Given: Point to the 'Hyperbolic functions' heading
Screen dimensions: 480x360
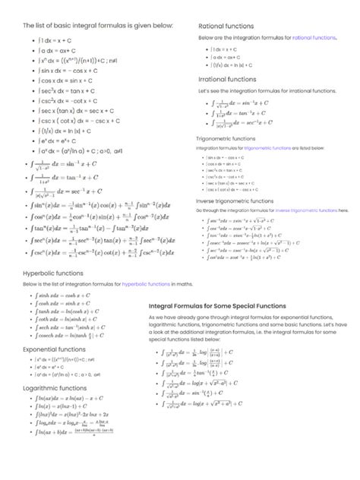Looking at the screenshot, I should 53,271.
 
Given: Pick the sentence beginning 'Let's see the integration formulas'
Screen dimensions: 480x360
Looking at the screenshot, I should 265,90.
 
